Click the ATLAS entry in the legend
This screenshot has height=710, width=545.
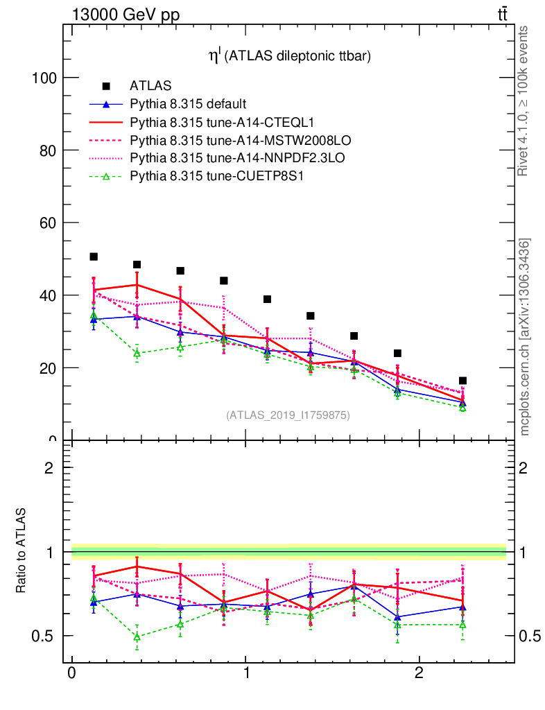pyautogui.click(x=150, y=87)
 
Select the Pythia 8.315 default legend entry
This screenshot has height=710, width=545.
pyautogui.click(x=187, y=105)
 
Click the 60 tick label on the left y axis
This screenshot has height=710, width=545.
pyautogui.click(x=48, y=223)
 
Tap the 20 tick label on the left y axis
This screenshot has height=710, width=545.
pyautogui.click(x=48, y=367)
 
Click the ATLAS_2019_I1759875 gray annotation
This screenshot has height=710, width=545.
pyautogui.click(x=288, y=415)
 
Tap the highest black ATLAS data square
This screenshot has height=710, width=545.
pyautogui.click(x=94, y=257)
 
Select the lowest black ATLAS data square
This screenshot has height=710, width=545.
pyautogui.click(x=462, y=381)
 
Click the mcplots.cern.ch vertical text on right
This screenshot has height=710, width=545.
pyautogui.click(x=526, y=337)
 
